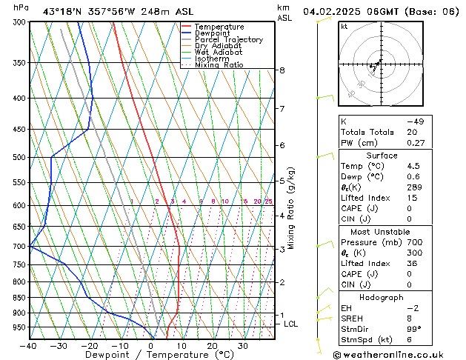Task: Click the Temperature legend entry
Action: click(219, 27)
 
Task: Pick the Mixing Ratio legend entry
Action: click(219, 65)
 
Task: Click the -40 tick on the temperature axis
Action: click(29, 346)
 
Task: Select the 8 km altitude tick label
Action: click(282, 70)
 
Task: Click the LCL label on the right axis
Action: click(291, 324)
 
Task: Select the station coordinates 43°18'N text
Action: click(62, 11)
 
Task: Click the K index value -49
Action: click(414, 121)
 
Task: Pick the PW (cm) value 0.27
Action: click(414, 143)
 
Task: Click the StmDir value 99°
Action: click(414, 329)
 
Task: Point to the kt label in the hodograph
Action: click(344, 26)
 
